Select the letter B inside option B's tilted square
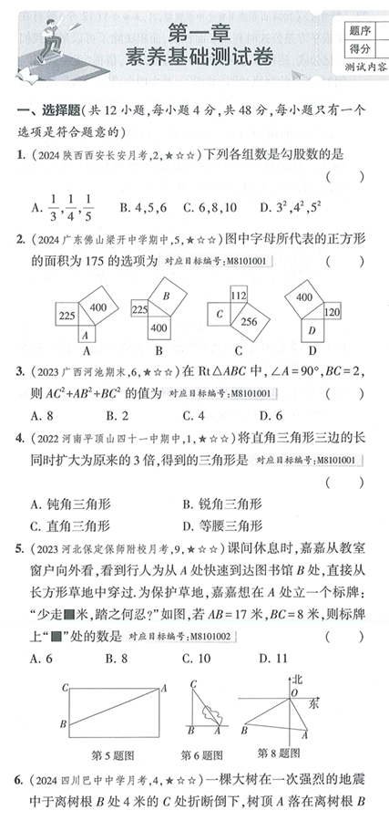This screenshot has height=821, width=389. tap(165, 296)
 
